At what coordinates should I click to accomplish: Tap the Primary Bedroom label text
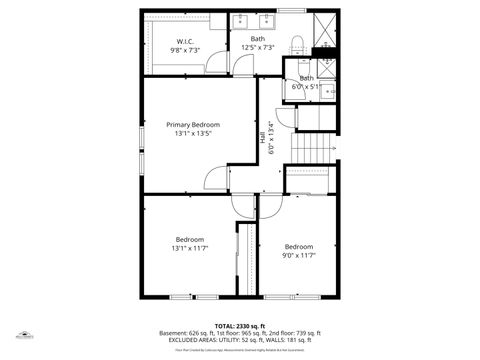(x=193, y=124)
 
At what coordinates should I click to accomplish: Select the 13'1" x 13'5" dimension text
(x=193, y=133)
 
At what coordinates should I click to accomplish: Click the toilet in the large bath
(x=297, y=44)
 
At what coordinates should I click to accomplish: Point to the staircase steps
(x=313, y=146)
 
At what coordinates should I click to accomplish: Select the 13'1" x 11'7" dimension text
(x=190, y=248)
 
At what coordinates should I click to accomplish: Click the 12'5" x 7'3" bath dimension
(x=257, y=47)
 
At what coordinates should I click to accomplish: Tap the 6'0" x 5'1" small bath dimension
(x=306, y=86)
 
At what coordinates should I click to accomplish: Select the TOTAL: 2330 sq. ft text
(x=240, y=325)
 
